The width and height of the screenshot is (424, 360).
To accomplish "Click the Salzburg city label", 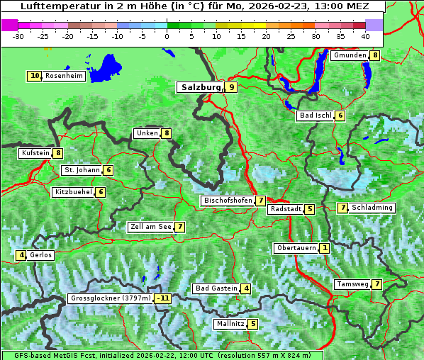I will click(x=201, y=87).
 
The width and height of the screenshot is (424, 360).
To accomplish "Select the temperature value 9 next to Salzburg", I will click(x=231, y=87).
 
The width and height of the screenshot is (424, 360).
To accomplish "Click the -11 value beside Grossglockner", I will click(x=164, y=298).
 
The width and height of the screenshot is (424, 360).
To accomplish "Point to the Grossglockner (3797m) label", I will click(x=111, y=298).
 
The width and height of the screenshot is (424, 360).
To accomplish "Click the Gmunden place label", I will click(x=350, y=55).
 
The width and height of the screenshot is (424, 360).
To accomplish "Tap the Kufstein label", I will click(x=35, y=153).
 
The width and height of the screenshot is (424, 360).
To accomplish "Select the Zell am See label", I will click(x=150, y=227).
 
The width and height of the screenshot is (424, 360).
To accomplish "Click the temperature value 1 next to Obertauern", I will click(x=324, y=248).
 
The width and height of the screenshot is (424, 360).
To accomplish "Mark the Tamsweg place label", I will click(x=352, y=284).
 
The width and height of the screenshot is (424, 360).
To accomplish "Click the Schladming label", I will click(x=372, y=208).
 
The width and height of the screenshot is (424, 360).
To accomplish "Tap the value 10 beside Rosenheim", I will click(x=35, y=76).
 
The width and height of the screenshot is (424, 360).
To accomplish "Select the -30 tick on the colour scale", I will click(x=18, y=36).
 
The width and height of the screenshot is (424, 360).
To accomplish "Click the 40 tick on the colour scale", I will click(x=364, y=36).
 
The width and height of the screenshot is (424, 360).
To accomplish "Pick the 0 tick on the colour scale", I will click(x=167, y=36).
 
